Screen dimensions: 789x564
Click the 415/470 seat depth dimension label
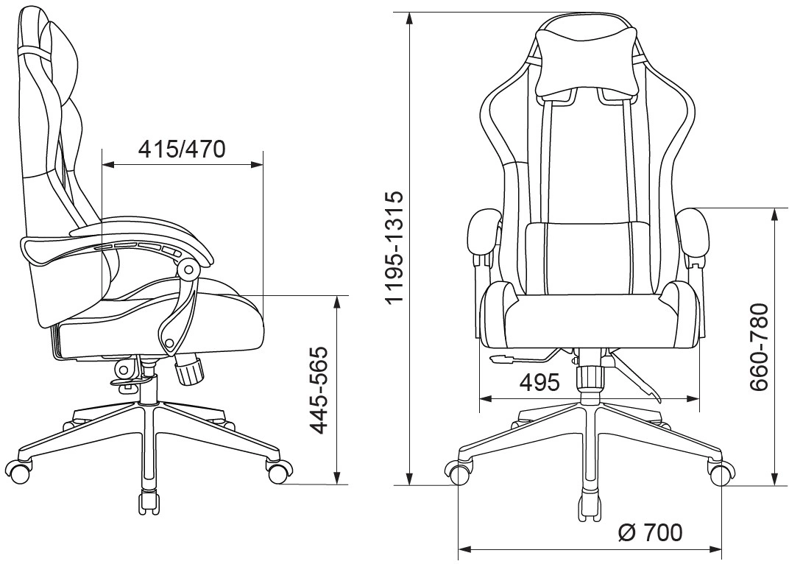pos(182,149)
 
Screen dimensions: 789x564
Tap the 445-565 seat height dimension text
pos(319,389)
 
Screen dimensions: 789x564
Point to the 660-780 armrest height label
pos(759,347)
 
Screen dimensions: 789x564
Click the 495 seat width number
pos(539,383)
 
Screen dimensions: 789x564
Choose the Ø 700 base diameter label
pos(651,532)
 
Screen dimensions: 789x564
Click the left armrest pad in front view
pos(484,234)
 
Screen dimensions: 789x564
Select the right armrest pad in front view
pos(693,234)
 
